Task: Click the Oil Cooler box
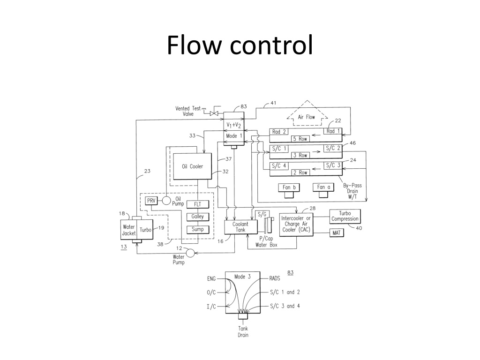[x=192, y=166]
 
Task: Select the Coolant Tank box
[x=241, y=227]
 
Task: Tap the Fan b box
[x=289, y=187]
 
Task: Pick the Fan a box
[x=323, y=187]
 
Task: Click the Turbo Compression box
[x=345, y=216]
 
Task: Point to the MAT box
[x=337, y=233]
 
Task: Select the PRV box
[x=151, y=201]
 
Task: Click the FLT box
[x=198, y=204]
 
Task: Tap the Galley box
[x=198, y=217]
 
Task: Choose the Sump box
[x=198, y=229]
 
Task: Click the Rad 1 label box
[x=333, y=131]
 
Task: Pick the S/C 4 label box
[x=279, y=166]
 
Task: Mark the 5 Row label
[x=300, y=139]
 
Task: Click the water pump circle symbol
[x=190, y=253]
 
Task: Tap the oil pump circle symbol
[x=166, y=201]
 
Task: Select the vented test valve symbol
[x=214, y=113]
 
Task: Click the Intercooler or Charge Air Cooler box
[x=296, y=225]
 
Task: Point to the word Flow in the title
[x=194, y=45]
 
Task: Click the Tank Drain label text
[x=243, y=332]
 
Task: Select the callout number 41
[x=273, y=103]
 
